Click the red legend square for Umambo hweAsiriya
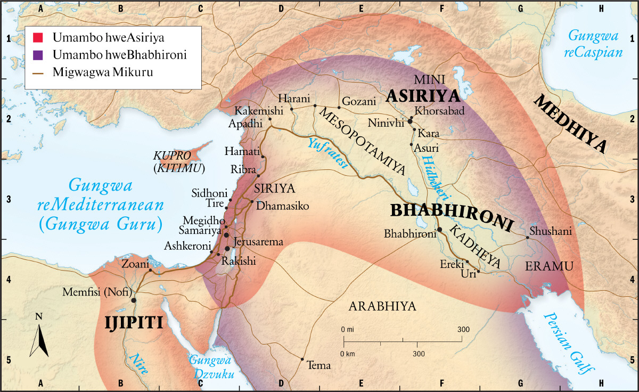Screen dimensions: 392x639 37,38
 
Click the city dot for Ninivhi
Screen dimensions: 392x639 410,121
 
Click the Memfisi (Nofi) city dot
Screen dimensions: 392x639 134,300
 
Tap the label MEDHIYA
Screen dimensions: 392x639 571,124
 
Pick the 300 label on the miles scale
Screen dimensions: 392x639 463,330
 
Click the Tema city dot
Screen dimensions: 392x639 302,359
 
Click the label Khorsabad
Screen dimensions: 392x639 440,111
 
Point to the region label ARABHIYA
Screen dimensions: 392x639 382,306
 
